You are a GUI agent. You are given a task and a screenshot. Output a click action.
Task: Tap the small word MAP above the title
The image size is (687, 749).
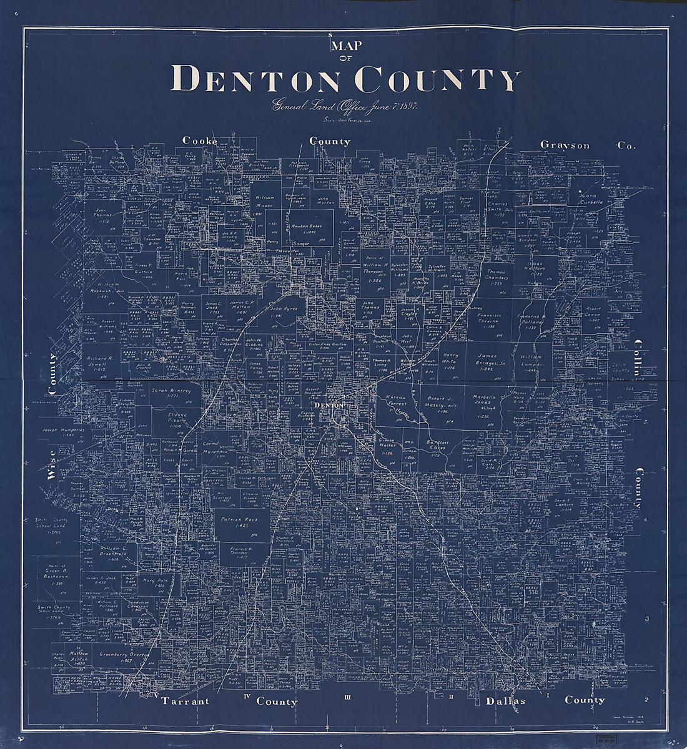[343, 46]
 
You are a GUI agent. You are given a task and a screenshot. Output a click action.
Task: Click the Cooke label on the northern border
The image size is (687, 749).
[200, 141]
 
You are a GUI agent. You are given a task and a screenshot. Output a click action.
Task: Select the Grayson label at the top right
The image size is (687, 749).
[565, 145]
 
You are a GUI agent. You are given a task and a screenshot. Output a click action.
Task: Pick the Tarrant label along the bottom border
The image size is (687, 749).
[185, 701]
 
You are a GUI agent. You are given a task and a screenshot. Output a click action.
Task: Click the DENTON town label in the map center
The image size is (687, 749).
[329, 406]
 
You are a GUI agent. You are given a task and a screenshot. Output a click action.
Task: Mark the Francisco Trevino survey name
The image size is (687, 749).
[490, 320]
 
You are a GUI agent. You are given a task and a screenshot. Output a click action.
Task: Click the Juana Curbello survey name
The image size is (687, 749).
[591, 198]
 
